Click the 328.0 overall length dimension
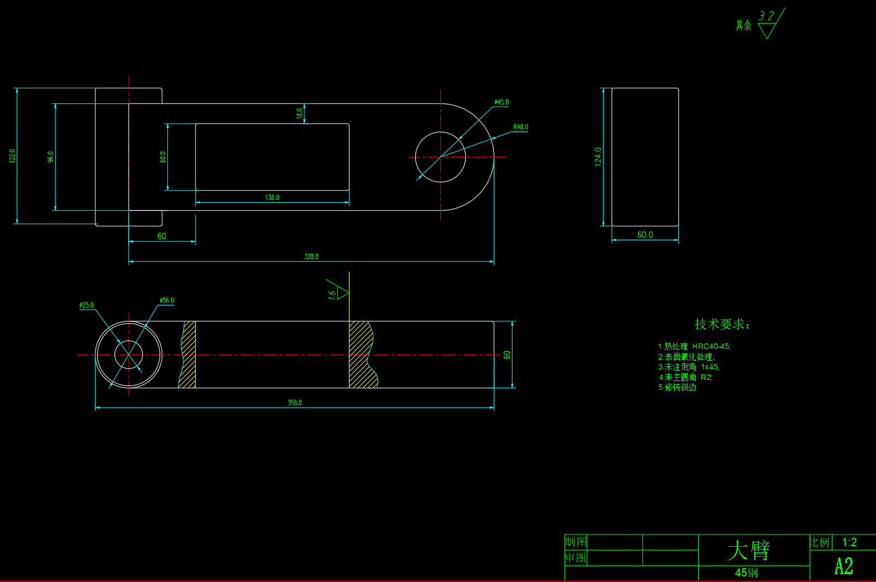(x=311, y=257)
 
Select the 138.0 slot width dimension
(x=272, y=198)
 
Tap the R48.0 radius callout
(x=520, y=127)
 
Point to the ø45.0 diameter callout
(x=502, y=102)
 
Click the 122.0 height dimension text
(x=13, y=156)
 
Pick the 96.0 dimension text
(x=51, y=157)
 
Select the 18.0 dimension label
(x=299, y=113)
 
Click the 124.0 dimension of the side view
(x=598, y=157)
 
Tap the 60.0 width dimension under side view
(x=645, y=235)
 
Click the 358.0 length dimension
(x=294, y=403)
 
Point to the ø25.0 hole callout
(x=87, y=305)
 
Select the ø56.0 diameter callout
(x=167, y=300)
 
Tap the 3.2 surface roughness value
(x=766, y=16)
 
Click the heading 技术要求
(x=721, y=324)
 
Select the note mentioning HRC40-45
(x=694, y=346)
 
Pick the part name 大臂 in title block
(x=748, y=550)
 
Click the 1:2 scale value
(x=849, y=542)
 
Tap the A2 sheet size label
(x=843, y=567)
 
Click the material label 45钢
(x=746, y=573)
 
